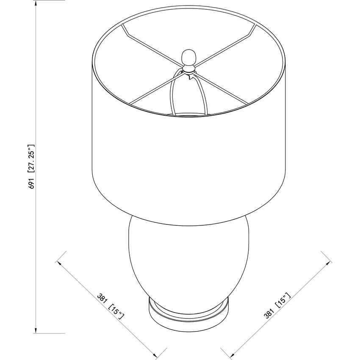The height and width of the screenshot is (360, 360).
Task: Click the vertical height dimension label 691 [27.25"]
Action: tap(31, 167)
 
